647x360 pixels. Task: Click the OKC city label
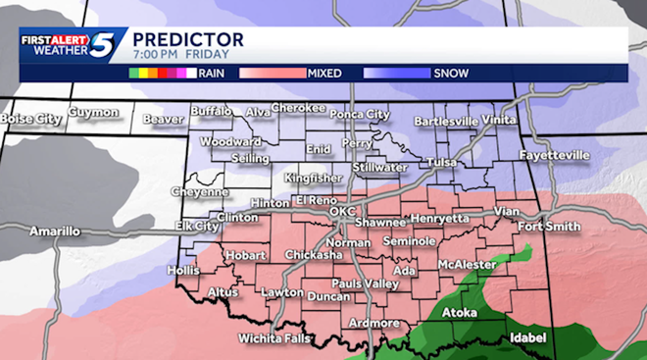coord(342,211)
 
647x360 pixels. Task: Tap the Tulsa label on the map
coord(443,162)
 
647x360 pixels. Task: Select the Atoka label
coord(459,313)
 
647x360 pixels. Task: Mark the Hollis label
coord(183,269)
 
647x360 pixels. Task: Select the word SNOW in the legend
coord(451,73)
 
